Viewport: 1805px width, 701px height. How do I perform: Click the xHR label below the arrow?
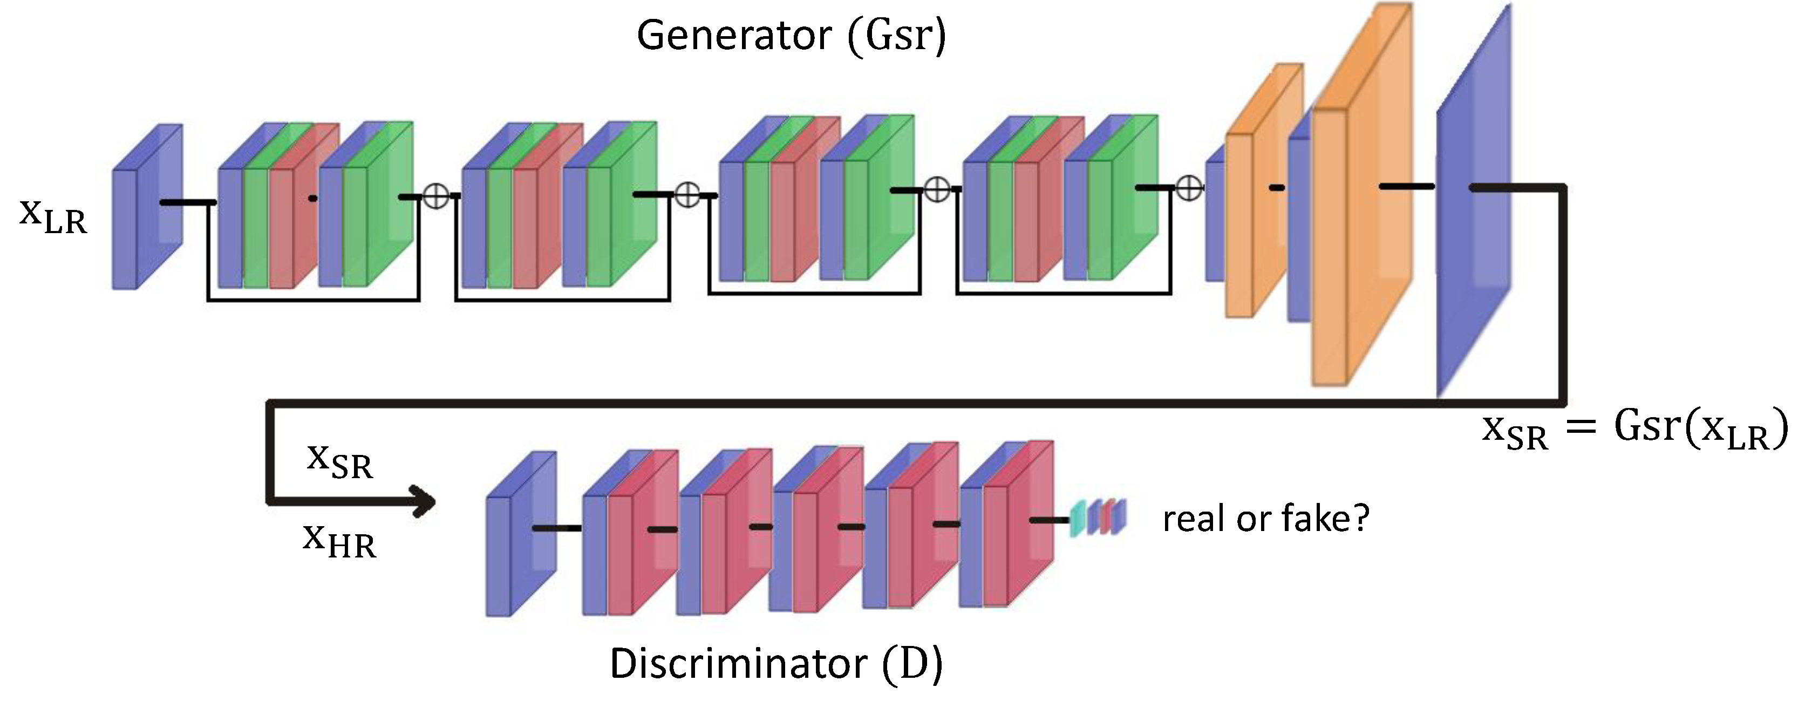coord(340,541)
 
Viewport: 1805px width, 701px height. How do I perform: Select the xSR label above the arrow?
coord(340,462)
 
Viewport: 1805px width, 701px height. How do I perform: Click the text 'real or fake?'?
coord(1265,519)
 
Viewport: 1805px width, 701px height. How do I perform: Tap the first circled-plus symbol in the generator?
coord(437,196)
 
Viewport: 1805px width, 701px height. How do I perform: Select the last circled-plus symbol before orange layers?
coord(1188,188)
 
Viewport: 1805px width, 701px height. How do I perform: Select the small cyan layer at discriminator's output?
coord(1078,519)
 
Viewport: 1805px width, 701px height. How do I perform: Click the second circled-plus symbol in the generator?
coord(687,194)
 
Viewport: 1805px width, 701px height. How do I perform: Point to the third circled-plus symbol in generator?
coord(937,189)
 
